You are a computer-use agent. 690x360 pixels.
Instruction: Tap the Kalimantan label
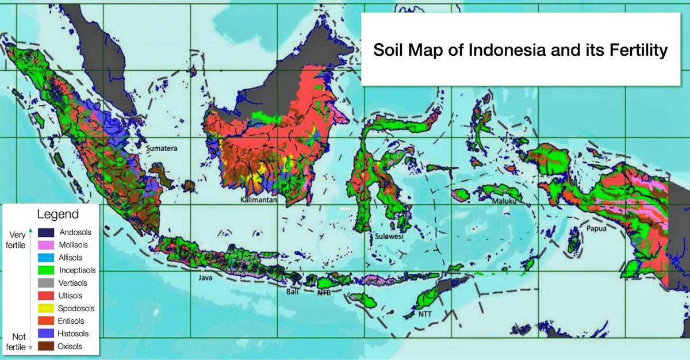tap(259, 201)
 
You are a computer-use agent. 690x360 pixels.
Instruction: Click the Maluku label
tap(505, 201)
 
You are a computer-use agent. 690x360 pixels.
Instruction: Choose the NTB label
tap(324, 293)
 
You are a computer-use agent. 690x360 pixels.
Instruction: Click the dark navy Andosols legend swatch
tap(46, 232)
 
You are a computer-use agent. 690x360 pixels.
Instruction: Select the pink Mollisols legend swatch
tap(46, 245)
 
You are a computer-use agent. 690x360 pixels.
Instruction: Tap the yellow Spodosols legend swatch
tap(46, 308)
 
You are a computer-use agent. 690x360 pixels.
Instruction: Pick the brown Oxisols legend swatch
tap(46, 346)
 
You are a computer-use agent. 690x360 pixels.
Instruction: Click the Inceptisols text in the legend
tap(77, 270)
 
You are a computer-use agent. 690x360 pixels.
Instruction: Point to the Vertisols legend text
tap(74, 283)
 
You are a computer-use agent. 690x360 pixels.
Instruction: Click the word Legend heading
tap(57, 215)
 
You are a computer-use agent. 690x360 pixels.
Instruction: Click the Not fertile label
tap(16, 342)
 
